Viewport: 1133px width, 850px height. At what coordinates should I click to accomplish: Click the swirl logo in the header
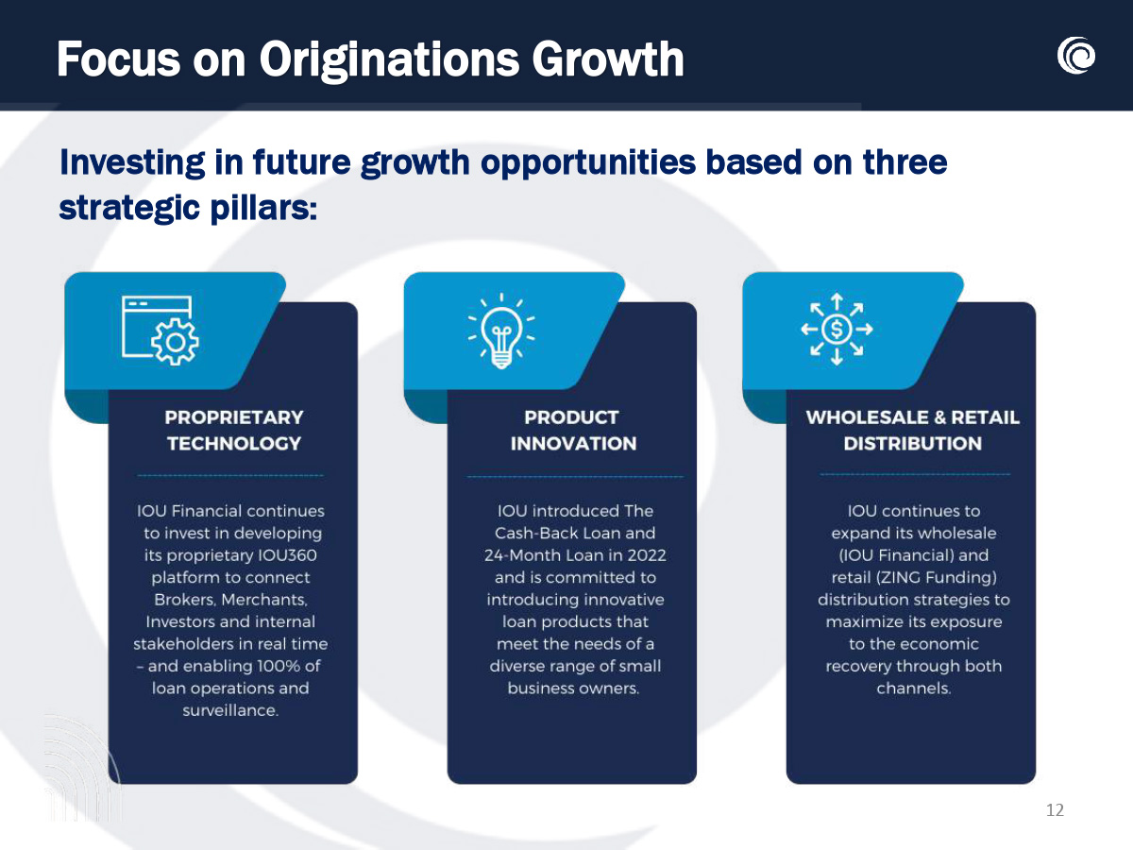(1075, 55)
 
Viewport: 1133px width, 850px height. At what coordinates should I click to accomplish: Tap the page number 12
(1055, 809)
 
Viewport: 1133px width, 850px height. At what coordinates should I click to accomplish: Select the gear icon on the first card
(175, 342)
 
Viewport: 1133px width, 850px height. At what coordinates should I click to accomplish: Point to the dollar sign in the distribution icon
(837, 329)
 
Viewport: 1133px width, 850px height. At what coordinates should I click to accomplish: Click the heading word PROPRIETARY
(234, 417)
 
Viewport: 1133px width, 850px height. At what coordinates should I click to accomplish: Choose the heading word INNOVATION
(573, 443)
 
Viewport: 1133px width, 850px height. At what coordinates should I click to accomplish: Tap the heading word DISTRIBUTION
(913, 443)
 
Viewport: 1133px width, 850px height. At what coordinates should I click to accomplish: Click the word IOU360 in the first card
(287, 555)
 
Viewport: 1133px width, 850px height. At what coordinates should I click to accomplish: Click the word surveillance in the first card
(230, 710)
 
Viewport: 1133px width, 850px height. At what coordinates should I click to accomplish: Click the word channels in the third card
(913, 688)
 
